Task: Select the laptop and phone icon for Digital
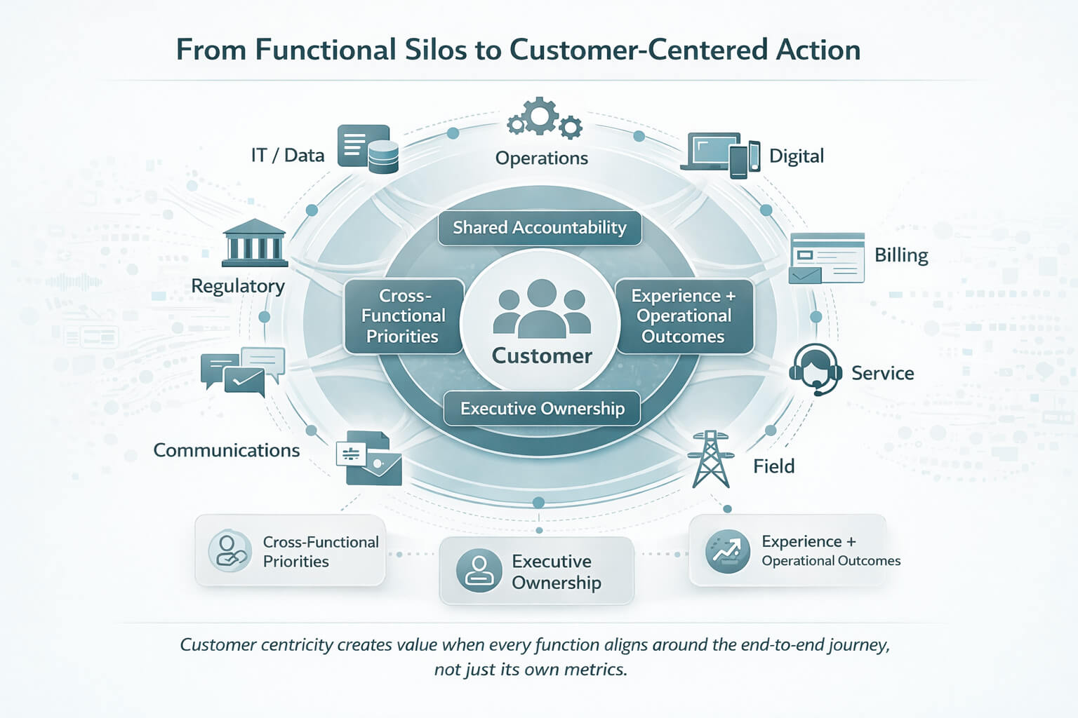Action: pos(721,154)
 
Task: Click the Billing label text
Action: pos(900,255)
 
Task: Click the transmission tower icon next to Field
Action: pos(710,459)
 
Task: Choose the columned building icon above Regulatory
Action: pos(254,243)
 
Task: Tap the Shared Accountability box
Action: pos(539,228)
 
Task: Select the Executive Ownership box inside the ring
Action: pos(542,408)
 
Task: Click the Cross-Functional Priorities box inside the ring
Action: pos(404,316)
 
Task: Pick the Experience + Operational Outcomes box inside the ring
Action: pos(684,316)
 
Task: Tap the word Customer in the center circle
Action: pos(542,356)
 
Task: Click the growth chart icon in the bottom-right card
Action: pos(727,551)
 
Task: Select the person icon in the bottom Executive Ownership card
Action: pos(479,570)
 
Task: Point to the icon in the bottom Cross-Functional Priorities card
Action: pos(230,551)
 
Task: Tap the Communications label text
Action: pos(226,450)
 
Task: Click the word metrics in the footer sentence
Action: pos(594,670)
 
